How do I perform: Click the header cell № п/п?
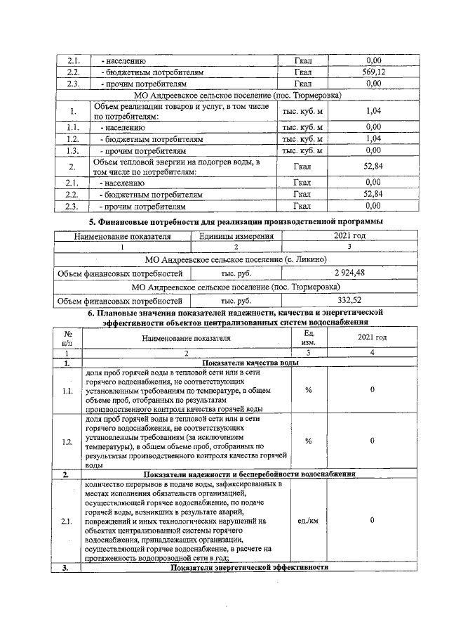click(x=68, y=337)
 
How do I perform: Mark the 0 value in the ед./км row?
click(x=372, y=521)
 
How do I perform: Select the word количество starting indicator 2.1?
click(x=106, y=484)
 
